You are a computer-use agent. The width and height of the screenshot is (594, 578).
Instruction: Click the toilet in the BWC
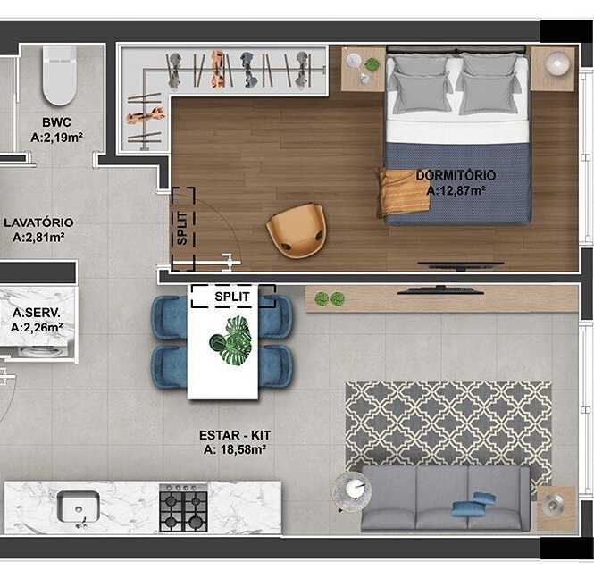tap(60, 75)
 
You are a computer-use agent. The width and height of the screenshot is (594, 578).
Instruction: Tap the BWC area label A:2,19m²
tap(57, 138)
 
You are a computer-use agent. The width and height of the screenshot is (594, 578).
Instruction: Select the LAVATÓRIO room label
tap(38, 222)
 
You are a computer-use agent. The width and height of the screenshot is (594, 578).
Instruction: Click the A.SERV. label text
tap(37, 313)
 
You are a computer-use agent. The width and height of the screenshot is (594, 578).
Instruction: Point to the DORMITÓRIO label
tap(456, 175)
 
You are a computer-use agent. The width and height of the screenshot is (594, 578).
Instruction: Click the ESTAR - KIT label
tap(235, 435)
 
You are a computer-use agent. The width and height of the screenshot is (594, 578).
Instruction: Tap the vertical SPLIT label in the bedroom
tap(182, 228)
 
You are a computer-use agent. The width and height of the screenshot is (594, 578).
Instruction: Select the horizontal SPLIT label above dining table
tap(232, 297)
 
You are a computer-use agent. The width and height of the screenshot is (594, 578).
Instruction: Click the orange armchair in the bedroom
tap(297, 230)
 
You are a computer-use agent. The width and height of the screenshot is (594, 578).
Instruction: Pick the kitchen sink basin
tap(78, 507)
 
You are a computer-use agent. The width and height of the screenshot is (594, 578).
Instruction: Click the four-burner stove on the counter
tap(183, 508)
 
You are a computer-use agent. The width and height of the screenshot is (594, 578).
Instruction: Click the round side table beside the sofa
tap(351, 492)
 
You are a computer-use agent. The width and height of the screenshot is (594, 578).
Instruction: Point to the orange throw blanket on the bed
tap(404, 192)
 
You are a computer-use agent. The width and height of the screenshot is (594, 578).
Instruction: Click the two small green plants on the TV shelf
tap(330, 299)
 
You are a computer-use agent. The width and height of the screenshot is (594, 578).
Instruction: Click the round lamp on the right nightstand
tap(557, 63)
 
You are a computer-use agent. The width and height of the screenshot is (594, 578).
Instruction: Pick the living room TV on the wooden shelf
tap(440, 291)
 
